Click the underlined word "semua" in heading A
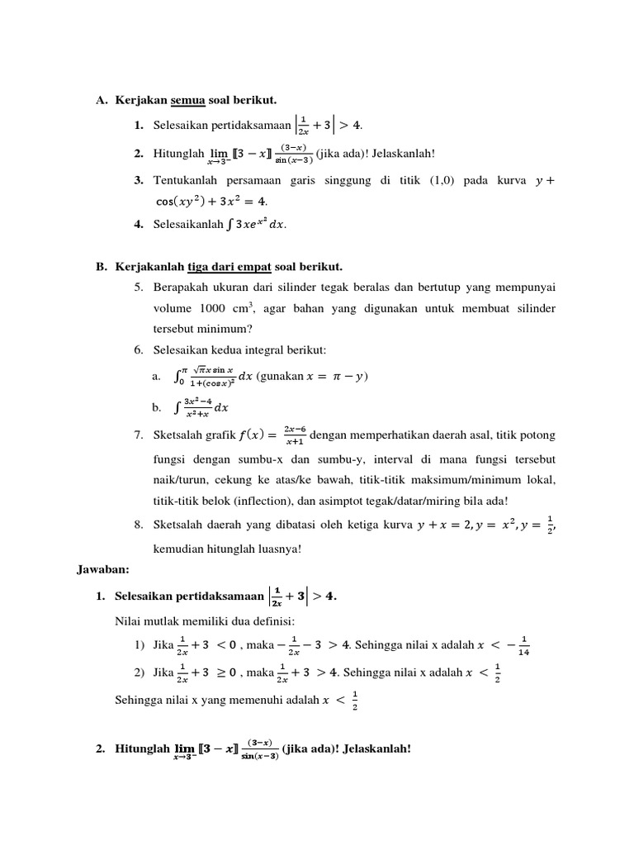187,100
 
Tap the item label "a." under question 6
156,377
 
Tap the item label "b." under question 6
156,406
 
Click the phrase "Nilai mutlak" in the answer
145,620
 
